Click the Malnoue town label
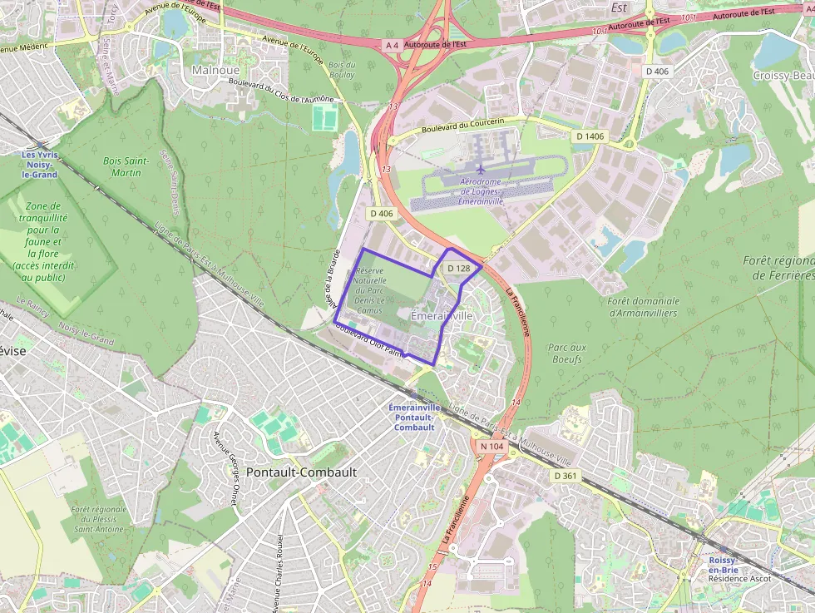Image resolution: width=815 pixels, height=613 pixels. (215, 70)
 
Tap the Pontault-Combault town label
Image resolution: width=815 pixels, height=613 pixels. (307, 472)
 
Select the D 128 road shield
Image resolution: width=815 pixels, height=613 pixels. (458, 269)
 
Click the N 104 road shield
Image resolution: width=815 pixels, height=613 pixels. (491, 447)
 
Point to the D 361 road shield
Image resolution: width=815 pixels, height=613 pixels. (565, 476)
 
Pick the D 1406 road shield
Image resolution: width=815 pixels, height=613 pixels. (590, 136)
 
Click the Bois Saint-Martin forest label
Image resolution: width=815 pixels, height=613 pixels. (126, 166)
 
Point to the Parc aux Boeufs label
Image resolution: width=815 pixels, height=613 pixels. (567, 353)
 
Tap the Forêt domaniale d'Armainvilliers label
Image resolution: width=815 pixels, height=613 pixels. (643, 307)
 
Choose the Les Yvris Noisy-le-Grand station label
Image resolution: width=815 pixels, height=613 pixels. (40, 164)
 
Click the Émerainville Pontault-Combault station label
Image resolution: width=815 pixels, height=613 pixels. (414, 417)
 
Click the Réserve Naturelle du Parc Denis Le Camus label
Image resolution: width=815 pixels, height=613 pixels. (370, 290)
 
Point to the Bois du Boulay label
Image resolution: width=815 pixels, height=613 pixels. (342, 70)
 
